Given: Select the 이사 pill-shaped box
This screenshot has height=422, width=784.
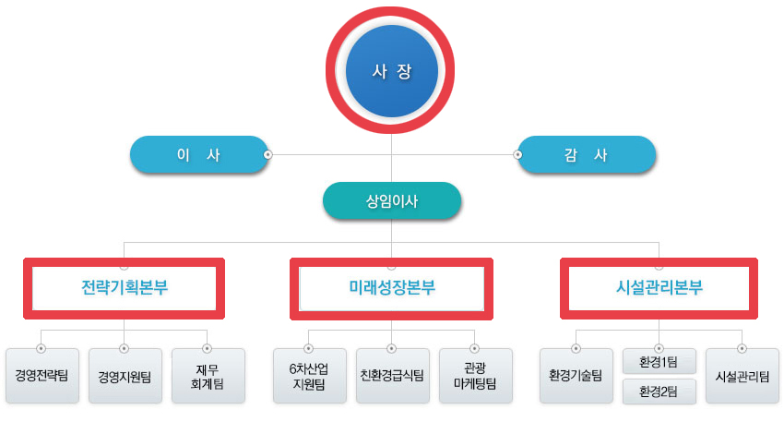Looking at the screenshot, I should click(x=197, y=155).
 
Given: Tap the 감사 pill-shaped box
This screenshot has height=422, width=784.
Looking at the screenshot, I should click(x=588, y=155).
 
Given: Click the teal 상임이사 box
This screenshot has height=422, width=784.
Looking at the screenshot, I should click(x=391, y=200).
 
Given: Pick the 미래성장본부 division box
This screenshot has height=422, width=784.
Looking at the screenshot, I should click(x=391, y=287).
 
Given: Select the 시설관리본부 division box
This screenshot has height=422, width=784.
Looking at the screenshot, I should click(x=659, y=287).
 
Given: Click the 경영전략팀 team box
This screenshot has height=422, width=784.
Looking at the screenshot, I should click(x=42, y=376).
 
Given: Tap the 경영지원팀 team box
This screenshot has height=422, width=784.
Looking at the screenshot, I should click(x=125, y=376).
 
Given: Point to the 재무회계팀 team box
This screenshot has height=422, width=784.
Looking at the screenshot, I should click(x=208, y=376).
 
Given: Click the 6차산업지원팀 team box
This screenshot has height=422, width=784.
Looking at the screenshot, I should click(x=308, y=376).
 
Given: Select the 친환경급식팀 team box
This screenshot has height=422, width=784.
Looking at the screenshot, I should click(x=392, y=376).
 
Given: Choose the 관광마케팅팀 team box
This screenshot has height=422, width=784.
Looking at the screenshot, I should click(x=475, y=376).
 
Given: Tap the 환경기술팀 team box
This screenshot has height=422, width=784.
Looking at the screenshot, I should click(x=576, y=376).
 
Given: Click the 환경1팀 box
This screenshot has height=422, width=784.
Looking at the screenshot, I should click(x=659, y=361).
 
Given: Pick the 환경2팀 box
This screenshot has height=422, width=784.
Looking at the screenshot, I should click(x=659, y=392).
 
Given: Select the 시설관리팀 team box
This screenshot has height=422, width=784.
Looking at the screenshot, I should click(x=742, y=376).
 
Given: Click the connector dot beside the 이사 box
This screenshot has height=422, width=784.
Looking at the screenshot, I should click(x=267, y=155).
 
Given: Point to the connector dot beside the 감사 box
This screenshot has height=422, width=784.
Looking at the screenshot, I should click(x=517, y=155).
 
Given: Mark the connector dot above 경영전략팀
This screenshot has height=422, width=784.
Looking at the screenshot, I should click(x=42, y=349).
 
